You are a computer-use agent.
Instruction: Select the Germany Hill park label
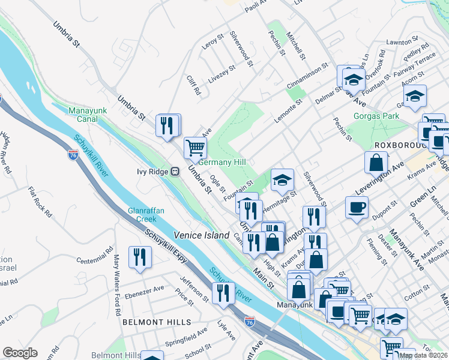(x=223, y=163)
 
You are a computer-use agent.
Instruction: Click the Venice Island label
(x=202, y=235)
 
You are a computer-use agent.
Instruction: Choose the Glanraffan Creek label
(x=142, y=215)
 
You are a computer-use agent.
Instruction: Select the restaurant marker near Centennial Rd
(x=140, y=256)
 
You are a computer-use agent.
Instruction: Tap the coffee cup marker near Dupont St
(x=357, y=208)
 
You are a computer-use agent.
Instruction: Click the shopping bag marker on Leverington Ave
(x=376, y=162)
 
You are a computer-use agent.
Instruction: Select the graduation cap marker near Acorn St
(x=415, y=96)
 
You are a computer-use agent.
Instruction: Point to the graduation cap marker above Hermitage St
(x=282, y=179)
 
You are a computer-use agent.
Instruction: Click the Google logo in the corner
(x=20, y=353)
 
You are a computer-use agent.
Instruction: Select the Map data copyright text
(x=423, y=355)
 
